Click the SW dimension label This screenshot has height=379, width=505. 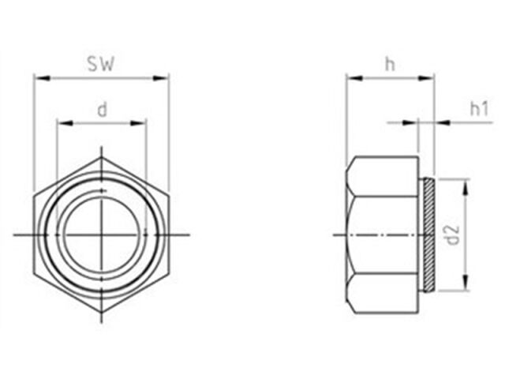tap(101, 65)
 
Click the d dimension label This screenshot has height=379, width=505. tap(102, 111)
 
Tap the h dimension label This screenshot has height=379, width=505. tap(390, 64)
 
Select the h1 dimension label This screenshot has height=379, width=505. tap(479, 109)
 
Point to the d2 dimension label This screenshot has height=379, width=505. tap(453, 235)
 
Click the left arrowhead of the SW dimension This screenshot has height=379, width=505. tap(43, 78)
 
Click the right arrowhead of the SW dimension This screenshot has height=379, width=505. tap(160, 78)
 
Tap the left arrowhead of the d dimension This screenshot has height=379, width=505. tap(65, 123)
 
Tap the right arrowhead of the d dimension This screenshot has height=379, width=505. tap(138, 123)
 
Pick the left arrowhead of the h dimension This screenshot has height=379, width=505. tap(354, 78)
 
